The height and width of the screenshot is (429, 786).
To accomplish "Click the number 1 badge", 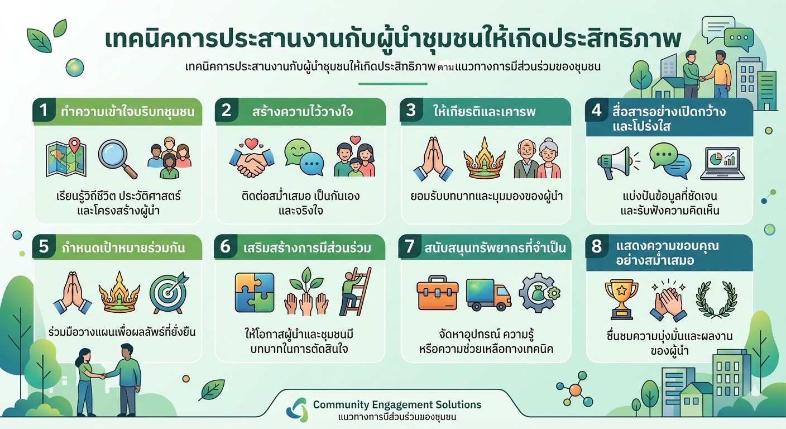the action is [x=44, y=110].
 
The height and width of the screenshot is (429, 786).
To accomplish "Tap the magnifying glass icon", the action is [x=118, y=159].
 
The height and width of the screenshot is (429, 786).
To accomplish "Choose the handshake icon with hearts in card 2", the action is [x=252, y=158].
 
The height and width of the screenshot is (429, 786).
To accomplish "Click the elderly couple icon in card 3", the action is [x=537, y=159].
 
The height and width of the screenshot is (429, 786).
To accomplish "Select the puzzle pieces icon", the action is [x=255, y=293].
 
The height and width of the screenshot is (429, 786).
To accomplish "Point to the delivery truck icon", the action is [x=488, y=294].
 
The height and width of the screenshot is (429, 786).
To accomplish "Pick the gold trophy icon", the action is [x=621, y=299].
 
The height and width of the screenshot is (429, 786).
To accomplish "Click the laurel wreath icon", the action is [x=717, y=299].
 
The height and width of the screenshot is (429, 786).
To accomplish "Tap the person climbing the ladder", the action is [x=355, y=292].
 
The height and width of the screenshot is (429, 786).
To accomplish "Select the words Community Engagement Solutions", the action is [x=397, y=404].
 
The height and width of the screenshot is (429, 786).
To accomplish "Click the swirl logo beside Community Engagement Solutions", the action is [x=297, y=409].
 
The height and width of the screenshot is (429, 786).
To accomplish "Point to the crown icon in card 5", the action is [x=119, y=292].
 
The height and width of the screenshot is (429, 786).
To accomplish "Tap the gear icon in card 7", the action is [x=539, y=293].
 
